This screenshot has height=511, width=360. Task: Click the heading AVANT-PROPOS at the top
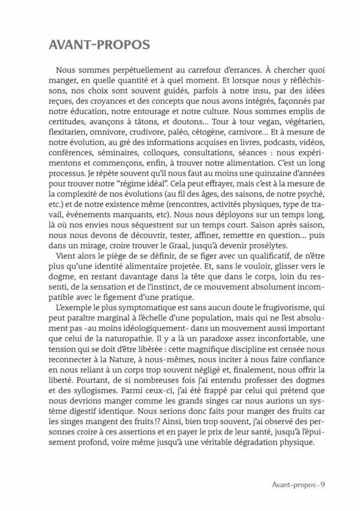point(98,46)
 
